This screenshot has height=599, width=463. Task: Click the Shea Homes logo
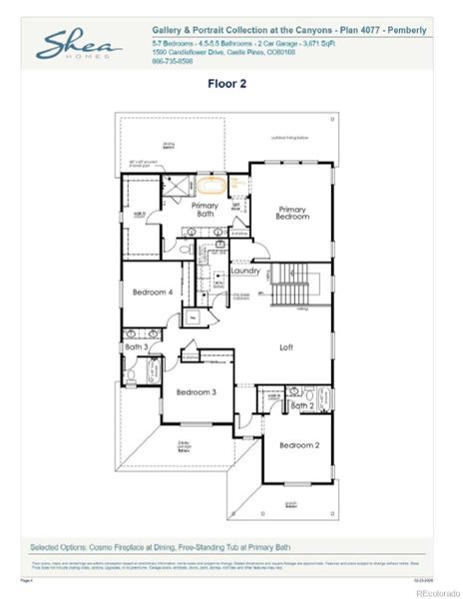click(x=80, y=46)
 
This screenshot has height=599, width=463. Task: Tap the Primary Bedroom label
click(x=292, y=214)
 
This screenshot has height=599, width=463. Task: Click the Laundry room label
click(x=245, y=271)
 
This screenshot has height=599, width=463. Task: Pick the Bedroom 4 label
click(x=153, y=293)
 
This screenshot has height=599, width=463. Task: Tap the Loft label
click(x=286, y=347)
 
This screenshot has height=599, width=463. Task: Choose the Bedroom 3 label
click(x=197, y=392)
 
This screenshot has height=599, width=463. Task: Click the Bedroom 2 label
click(x=299, y=444)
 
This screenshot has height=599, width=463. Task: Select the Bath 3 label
click(x=137, y=346)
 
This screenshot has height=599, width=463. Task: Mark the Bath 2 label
click(x=302, y=405)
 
